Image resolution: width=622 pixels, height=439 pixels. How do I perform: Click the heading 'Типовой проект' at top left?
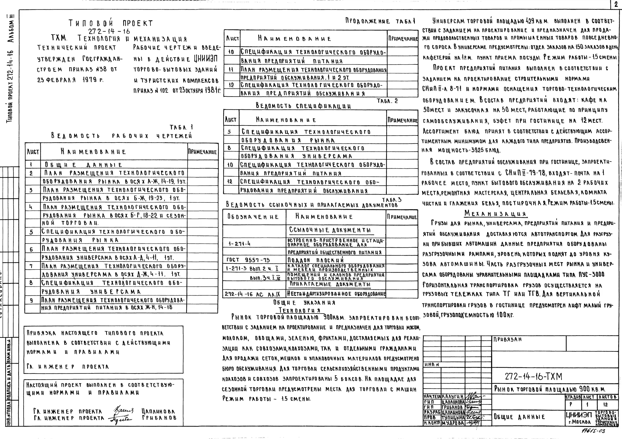pos(111,23)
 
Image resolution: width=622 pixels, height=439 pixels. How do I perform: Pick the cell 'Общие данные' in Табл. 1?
pos(83,165)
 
